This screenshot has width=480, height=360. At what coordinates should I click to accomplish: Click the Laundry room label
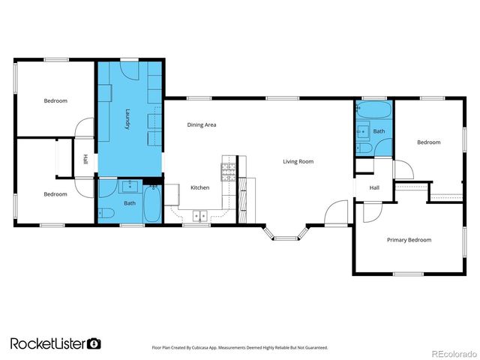(x=127, y=119)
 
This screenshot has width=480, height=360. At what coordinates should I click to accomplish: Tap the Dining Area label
(x=202, y=124)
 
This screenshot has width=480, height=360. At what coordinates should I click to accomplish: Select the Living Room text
(x=298, y=161)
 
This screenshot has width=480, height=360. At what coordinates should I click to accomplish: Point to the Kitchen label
(x=199, y=187)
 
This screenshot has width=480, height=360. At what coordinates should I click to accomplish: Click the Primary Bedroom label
(x=409, y=240)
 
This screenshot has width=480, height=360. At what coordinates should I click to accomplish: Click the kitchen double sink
(x=200, y=216)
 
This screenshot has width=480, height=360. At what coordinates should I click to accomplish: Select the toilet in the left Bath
(x=106, y=213)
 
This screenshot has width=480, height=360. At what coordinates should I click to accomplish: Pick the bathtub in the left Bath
(x=151, y=203)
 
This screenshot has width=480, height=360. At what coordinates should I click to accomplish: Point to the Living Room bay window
(x=285, y=234)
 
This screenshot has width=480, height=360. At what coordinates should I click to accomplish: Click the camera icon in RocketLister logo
(x=94, y=343)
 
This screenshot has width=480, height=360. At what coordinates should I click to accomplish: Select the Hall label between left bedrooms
(x=85, y=160)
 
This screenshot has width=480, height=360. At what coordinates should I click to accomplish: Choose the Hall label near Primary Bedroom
(x=373, y=188)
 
